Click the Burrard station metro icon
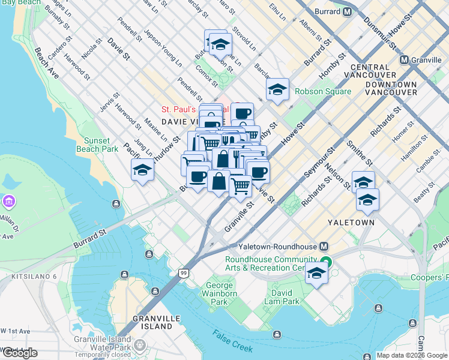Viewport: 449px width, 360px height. (347, 12)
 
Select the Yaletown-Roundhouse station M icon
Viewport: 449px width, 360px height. (324, 247)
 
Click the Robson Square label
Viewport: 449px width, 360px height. (323, 92)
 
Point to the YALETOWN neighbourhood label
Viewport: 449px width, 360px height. (351, 223)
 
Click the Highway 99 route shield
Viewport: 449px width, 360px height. (184, 273)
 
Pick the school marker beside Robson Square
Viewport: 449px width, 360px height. (277, 89)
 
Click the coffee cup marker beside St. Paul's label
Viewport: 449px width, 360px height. (243, 113)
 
